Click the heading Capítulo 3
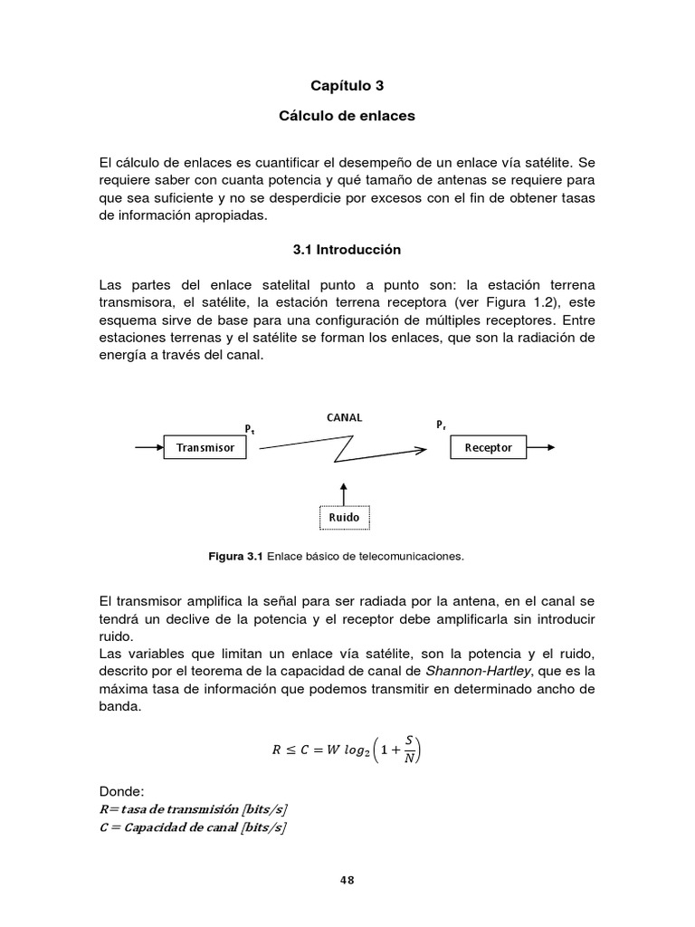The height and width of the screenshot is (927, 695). click(347, 86)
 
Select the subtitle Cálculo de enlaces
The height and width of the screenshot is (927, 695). click(347, 117)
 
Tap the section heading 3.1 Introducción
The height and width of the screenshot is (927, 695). click(347, 249)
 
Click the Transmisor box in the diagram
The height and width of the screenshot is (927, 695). click(205, 447)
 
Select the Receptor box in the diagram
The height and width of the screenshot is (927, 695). click(488, 447)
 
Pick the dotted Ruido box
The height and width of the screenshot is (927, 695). click(344, 518)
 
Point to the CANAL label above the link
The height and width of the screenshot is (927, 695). click(344, 417)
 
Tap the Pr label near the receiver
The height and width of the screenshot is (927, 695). click(441, 424)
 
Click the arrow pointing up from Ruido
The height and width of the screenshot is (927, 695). click(344, 492)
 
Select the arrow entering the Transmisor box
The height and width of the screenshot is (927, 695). click(148, 447)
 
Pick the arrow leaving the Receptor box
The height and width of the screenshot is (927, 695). click(540, 447)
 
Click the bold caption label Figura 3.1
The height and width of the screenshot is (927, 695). click(235, 557)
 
